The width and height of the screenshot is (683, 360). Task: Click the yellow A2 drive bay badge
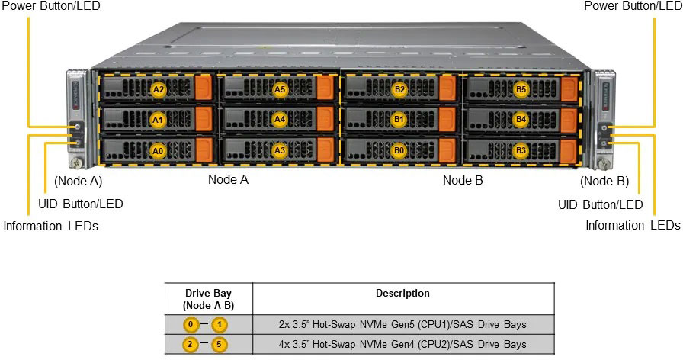(159, 89)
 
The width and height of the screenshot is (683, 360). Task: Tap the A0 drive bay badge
(159, 150)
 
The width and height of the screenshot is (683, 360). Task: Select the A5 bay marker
(280, 89)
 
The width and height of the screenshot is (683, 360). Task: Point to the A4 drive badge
(280, 120)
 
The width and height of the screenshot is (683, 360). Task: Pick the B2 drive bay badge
(399, 89)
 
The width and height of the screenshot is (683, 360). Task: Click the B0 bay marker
(399, 150)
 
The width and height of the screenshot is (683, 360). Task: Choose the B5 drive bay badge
(521, 89)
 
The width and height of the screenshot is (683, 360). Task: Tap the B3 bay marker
(521, 150)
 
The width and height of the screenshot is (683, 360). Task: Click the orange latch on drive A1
(204, 120)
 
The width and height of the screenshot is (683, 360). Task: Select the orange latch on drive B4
(569, 120)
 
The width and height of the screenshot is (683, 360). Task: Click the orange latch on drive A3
(326, 149)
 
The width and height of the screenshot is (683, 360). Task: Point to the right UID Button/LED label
(600, 204)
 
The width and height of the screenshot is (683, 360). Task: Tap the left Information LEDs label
(51, 226)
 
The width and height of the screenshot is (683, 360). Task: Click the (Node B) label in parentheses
(604, 181)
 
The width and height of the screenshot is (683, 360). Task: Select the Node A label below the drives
(228, 180)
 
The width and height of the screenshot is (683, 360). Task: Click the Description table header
(402, 293)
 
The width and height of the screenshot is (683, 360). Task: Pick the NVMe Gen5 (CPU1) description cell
(402, 324)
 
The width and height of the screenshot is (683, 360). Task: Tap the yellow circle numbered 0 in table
(191, 325)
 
